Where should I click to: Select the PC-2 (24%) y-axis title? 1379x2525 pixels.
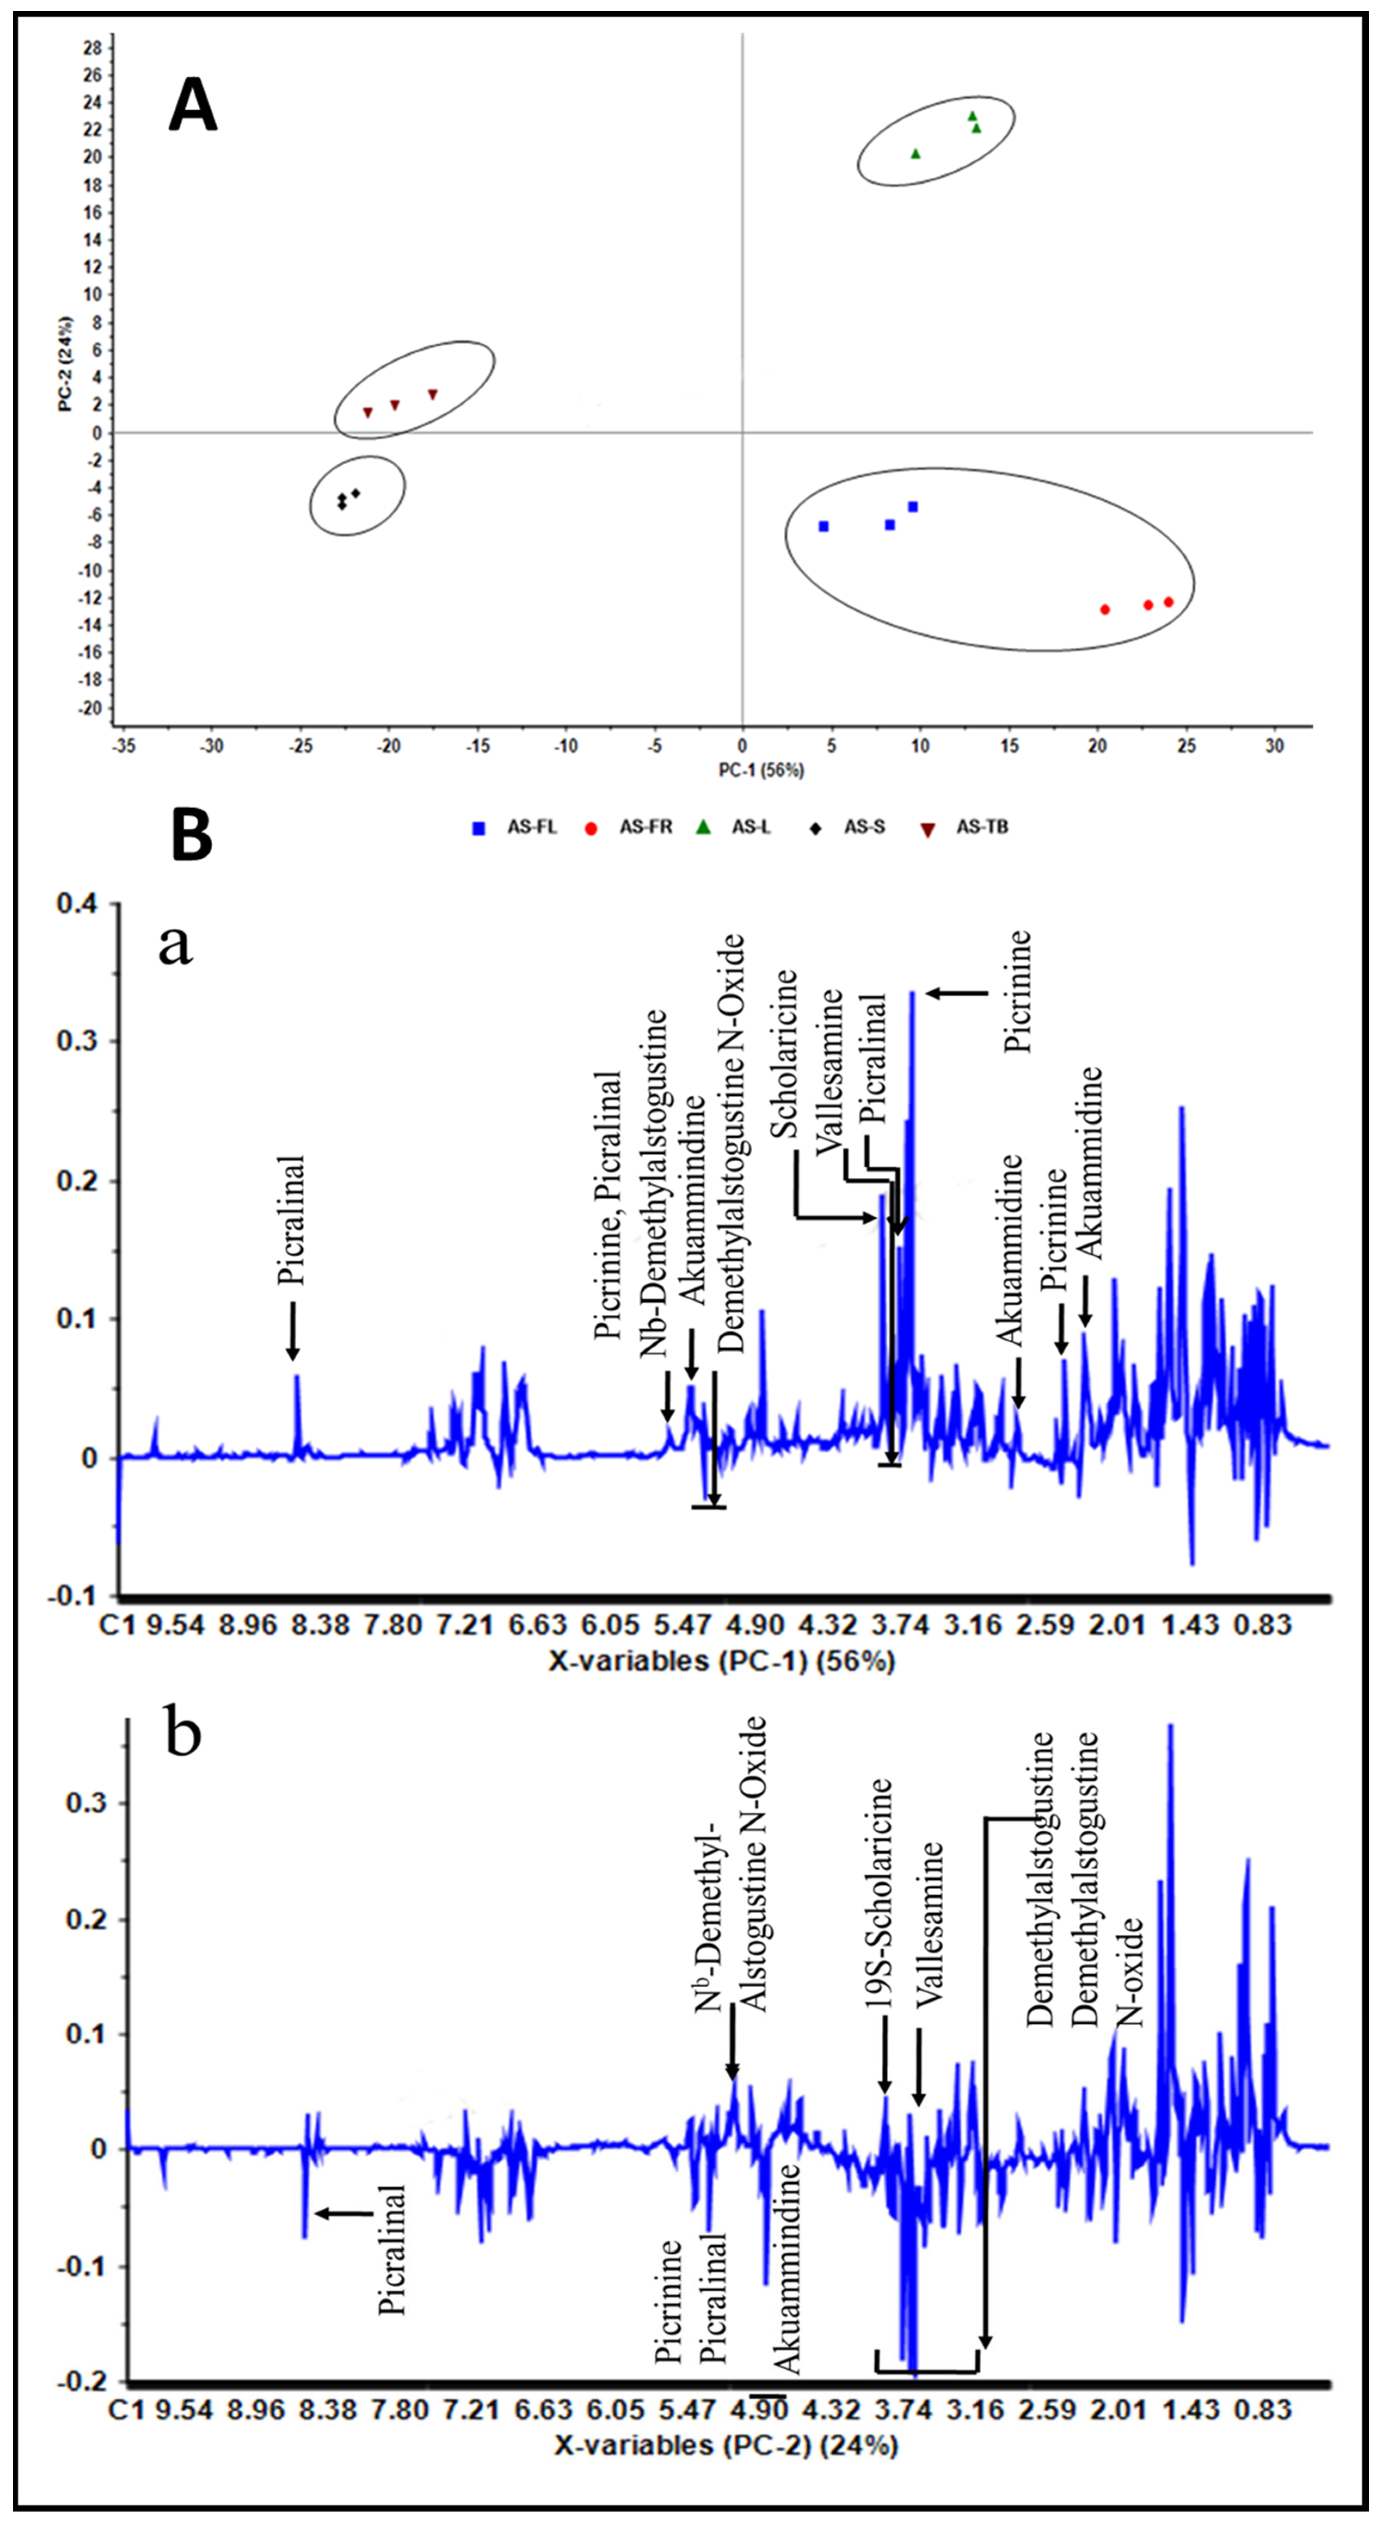click(66, 363)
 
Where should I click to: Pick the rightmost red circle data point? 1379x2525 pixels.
click(1168, 602)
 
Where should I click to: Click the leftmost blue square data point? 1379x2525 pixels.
click(823, 526)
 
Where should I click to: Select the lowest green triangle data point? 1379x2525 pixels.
click(915, 154)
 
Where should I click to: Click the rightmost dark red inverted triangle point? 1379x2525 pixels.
click(432, 394)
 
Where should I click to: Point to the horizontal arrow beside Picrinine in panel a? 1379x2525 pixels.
click(957, 993)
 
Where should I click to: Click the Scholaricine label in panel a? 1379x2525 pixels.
click(784, 1054)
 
